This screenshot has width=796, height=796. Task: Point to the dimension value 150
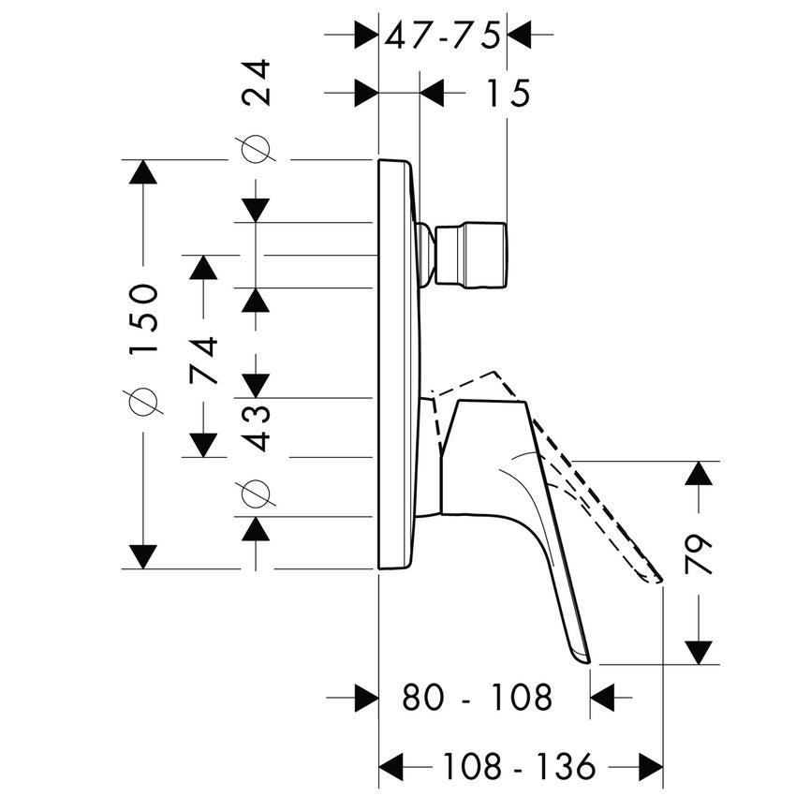[x=145, y=318]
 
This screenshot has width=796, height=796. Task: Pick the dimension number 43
[x=256, y=427]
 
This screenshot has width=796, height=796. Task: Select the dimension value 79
[x=699, y=554]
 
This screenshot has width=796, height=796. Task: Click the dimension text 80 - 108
[x=478, y=698]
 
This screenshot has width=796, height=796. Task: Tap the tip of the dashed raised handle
[x=657, y=580]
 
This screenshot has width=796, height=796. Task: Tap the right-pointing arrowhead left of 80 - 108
[x=365, y=698]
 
